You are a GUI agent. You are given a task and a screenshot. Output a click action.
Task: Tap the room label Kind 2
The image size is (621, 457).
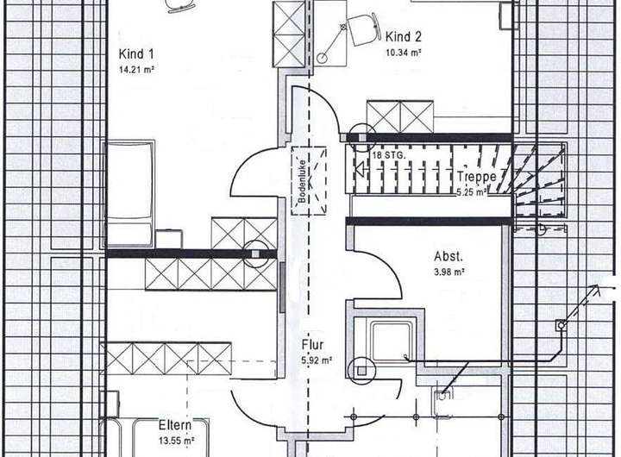404,36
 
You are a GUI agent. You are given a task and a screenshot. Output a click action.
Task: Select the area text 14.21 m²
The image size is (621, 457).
136,70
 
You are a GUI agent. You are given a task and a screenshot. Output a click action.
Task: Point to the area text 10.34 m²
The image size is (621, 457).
404,53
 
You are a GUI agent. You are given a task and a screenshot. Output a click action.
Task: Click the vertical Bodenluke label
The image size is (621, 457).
304,182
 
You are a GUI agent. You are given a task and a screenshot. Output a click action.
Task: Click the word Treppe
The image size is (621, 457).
477,176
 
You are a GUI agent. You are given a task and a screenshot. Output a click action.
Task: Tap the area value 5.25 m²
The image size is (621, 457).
474,192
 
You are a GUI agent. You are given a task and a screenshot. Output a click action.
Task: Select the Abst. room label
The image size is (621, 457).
448,256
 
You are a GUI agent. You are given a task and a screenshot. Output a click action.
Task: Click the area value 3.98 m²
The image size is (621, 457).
448,272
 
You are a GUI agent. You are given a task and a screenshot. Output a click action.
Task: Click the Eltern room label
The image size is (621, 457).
175,425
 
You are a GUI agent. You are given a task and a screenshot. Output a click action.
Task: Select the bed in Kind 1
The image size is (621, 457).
129,193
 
